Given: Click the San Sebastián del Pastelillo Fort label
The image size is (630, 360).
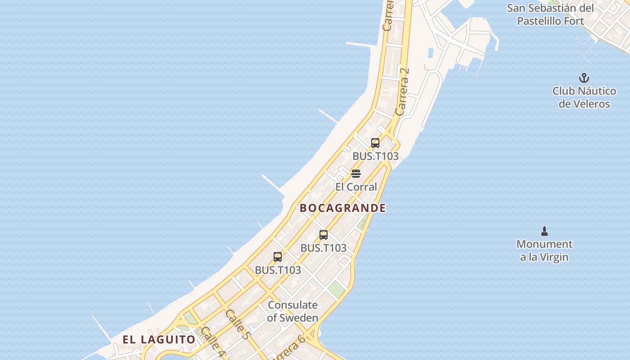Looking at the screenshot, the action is coord(550,14).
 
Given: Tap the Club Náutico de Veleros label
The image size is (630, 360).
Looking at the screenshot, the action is coord(584,97).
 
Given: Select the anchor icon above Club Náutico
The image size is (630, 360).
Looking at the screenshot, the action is coord(584,78).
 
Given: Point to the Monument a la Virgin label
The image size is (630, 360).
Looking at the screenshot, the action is coord(544,251).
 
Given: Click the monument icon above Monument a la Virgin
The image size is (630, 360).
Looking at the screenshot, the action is coord(544,231).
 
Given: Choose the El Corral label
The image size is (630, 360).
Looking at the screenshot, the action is coord(356,187).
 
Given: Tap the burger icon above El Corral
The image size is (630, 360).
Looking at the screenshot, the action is coord(356,174).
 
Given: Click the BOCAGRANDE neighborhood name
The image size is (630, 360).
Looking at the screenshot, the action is coord(342,208).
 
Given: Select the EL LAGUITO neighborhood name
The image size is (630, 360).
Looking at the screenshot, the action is coord(159,339).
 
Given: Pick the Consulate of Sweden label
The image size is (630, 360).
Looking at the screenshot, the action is coord(292,311).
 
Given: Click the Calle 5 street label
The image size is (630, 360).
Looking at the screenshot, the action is coord(237,324).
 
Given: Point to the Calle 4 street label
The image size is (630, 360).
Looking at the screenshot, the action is coord(212,342).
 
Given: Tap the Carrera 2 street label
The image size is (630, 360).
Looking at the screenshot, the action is coord(403,91).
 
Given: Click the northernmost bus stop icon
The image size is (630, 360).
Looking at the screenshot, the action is coord(375,143).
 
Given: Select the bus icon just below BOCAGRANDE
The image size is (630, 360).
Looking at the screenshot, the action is coord(324,234).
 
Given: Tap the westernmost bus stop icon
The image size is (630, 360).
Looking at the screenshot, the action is coord(278,257).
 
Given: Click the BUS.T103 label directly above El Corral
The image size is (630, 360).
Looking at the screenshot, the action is coord(375,156).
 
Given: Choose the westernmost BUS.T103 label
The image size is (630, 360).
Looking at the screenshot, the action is coord(278,270).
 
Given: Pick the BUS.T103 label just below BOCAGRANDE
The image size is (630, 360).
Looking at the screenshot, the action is coord(324,247).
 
